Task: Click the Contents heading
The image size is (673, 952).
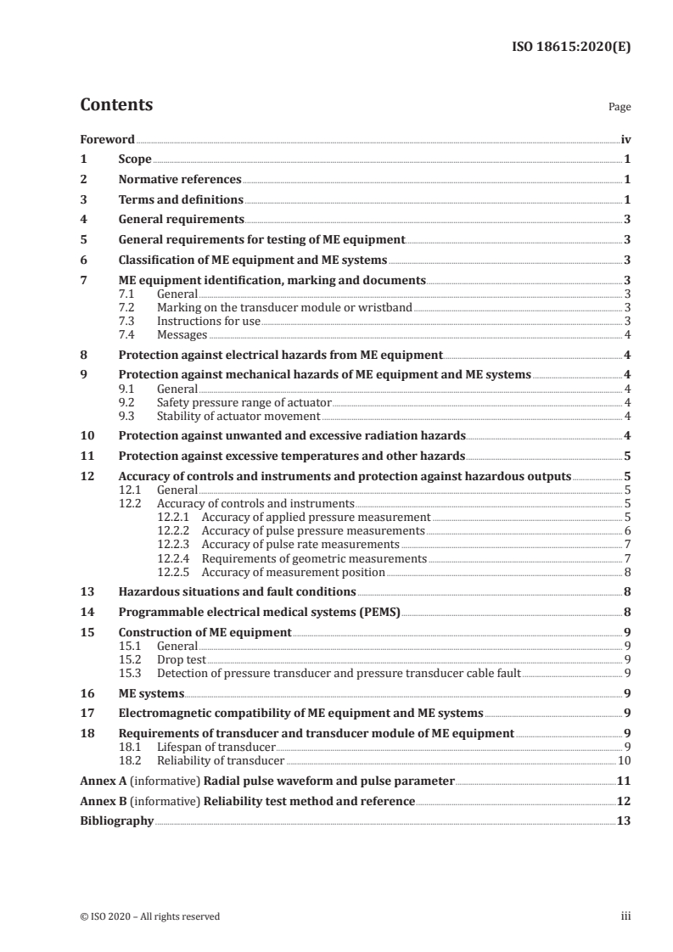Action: [116, 105]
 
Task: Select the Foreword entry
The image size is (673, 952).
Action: [107, 138]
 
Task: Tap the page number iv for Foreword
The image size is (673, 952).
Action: [625, 138]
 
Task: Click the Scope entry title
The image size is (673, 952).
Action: [135, 159]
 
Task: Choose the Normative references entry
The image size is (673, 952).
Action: [180, 179]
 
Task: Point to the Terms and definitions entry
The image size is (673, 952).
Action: [181, 199]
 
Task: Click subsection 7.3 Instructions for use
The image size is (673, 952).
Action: [209, 320]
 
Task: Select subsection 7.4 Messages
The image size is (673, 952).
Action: [182, 334]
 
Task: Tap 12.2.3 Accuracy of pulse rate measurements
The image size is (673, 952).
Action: [279, 543]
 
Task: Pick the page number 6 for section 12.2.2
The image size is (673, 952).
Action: [626, 529]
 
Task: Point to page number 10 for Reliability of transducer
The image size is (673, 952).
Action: [624, 760]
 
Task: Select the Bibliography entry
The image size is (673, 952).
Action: [117, 821]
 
